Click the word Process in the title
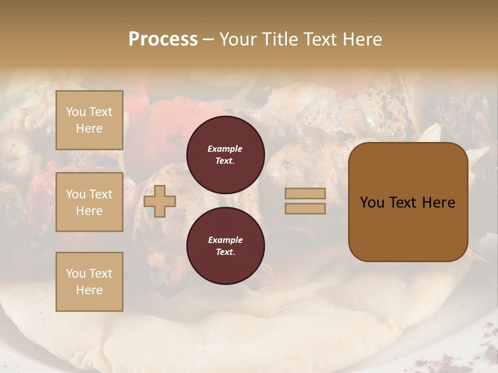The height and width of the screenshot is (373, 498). tap(163, 39)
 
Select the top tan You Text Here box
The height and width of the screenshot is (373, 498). tap(89, 120)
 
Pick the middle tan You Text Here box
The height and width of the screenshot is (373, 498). tap(89, 202)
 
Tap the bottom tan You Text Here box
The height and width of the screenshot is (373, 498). tap(89, 282)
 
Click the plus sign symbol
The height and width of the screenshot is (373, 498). tap(160, 201)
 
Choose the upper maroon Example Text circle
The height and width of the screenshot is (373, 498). tap(225, 154)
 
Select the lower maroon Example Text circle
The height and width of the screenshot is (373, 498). tap(225, 246)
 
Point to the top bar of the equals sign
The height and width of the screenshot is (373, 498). tap(305, 194)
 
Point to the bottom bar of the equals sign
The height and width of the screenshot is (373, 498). tap(305, 208)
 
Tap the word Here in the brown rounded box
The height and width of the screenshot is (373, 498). tap(438, 203)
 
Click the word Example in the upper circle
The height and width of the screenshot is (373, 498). tap(225, 149)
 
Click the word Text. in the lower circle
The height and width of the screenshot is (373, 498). tap(225, 252)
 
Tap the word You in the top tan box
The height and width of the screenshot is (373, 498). tap(76, 112)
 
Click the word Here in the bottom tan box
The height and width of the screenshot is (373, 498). tap(89, 290)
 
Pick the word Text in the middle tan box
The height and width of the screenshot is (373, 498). tap(101, 194)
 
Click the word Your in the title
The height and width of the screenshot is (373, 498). tap(237, 39)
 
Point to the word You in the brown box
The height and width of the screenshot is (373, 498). tap(372, 203)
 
